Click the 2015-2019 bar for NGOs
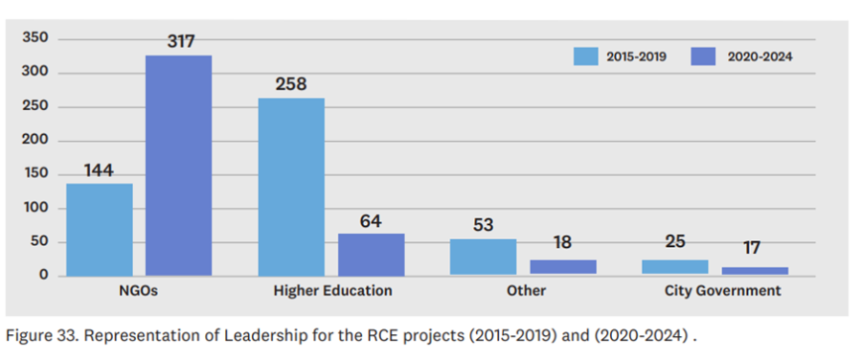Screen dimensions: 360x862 pyautogui.click(x=99, y=230)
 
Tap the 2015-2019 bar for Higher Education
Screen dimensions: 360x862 pyautogui.click(x=291, y=187)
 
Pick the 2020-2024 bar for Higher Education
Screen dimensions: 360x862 pyautogui.click(x=371, y=254)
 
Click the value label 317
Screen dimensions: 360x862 pyautogui.click(x=180, y=41)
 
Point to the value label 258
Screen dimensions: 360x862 pyautogui.click(x=291, y=84)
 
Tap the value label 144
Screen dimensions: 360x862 pyautogui.click(x=99, y=170)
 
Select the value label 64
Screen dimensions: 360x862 pyautogui.click(x=371, y=221)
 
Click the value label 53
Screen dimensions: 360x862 pyautogui.click(x=483, y=226)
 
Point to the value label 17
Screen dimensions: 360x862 pyautogui.click(x=753, y=247)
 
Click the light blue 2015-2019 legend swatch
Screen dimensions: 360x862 pyautogui.click(x=585, y=56)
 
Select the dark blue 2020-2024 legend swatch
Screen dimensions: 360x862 pyautogui.click(x=702, y=56)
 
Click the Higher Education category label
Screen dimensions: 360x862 pyautogui.click(x=332, y=290)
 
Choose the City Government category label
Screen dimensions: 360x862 pyautogui.click(x=722, y=290)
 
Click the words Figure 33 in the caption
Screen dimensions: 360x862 pyautogui.click(x=38, y=337)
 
